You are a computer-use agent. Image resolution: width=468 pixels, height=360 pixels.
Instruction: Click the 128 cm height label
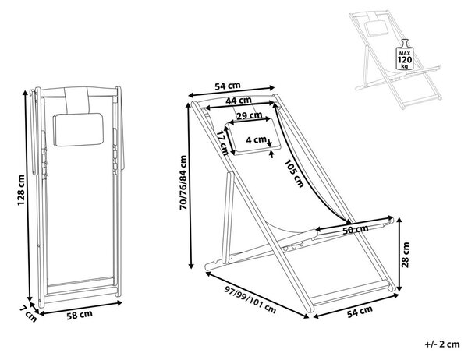click(21, 190)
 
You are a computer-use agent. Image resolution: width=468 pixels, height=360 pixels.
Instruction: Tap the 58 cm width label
click(80, 315)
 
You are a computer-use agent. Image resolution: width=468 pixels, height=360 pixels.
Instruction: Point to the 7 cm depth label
click(28, 314)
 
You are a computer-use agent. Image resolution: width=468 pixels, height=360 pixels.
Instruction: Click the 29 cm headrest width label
click(250, 115)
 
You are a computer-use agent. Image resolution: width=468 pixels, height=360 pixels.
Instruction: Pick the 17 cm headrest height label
click(222, 143)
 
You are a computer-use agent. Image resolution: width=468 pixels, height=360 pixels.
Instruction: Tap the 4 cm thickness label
click(256, 139)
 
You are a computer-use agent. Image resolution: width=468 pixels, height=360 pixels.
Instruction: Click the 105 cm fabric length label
click(294, 173)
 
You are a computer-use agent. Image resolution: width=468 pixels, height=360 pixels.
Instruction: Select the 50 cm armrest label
click(355, 230)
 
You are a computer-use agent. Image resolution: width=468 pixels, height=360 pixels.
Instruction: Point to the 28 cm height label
click(406, 255)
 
